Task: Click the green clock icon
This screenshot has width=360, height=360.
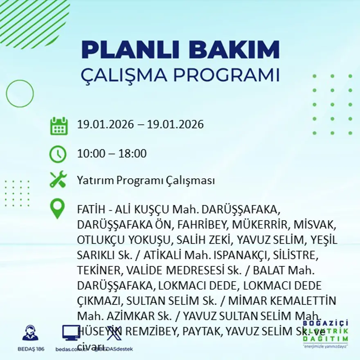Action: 58,154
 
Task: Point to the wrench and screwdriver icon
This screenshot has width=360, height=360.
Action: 58,180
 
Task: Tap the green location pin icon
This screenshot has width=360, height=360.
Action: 57,209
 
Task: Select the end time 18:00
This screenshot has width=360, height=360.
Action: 132,154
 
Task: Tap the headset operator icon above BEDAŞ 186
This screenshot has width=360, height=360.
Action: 30,333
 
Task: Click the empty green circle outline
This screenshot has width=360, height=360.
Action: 20,94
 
